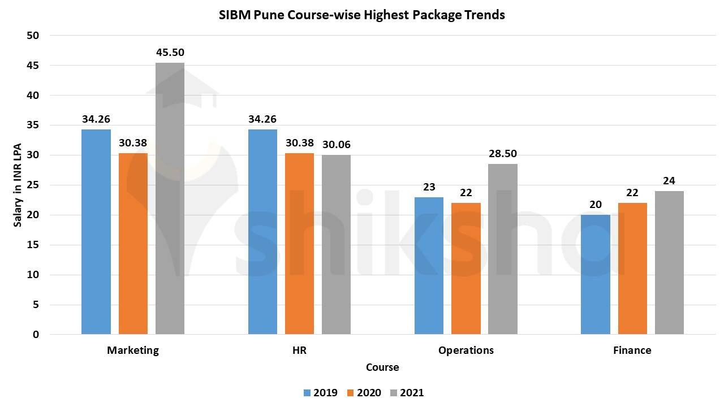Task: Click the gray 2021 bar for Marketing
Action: [170, 198]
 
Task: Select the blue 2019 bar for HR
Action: [262, 232]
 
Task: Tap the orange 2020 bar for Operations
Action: [466, 269]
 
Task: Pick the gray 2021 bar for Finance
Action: [669, 262]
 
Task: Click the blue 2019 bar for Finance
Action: [595, 274]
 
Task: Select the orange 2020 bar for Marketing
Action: [133, 243]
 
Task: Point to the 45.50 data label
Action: [170, 53]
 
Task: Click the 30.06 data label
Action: [336, 145]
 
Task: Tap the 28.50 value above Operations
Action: [502, 154]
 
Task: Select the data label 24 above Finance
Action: [669, 181]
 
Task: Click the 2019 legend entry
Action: [320, 393]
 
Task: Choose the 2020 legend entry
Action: [364, 393]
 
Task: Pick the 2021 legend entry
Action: [406, 393]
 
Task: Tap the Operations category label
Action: [466, 350]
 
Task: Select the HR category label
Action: [299, 350]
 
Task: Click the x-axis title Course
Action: [382, 367]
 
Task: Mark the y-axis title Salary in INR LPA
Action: [18, 184]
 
